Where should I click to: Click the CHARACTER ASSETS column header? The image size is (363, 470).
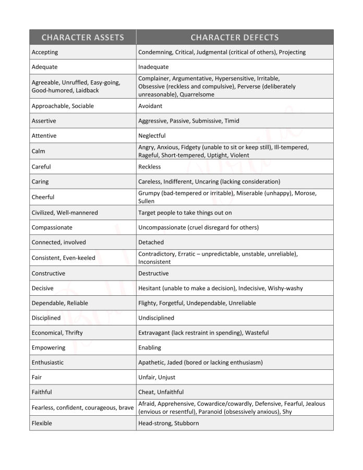pyautogui.click(x=82, y=38)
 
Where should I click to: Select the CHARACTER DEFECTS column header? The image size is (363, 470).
pyautogui.click(x=234, y=38)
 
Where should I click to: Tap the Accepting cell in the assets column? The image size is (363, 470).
pyautogui.click(x=45, y=52)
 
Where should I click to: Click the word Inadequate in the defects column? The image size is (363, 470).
pyautogui.click(x=153, y=67)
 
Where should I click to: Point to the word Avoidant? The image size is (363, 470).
pyautogui.click(x=150, y=106)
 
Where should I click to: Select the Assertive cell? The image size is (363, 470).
pyautogui.click(x=44, y=120)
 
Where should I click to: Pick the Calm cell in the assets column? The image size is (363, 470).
pyautogui.click(x=39, y=151)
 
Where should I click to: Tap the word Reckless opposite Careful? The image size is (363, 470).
pyautogui.click(x=150, y=167)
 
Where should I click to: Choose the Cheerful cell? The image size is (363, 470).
pyautogui.click(x=43, y=197)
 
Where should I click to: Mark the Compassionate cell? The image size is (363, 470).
pyautogui.click(x=52, y=227)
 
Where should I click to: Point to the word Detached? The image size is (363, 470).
pyautogui.click(x=151, y=242)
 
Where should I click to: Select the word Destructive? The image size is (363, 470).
pyautogui.click(x=153, y=273)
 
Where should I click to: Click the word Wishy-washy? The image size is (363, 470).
pyautogui.click(x=285, y=288)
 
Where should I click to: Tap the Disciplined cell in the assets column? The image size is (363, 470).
pyautogui.click(x=46, y=318)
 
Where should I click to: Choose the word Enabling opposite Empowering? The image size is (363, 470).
pyautogui.click(x=150, y=347)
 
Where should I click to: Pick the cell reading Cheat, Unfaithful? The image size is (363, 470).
pyautogui.click(x=161, y=392)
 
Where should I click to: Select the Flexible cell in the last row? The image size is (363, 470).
pyautogui.click(x=42, y=423)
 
